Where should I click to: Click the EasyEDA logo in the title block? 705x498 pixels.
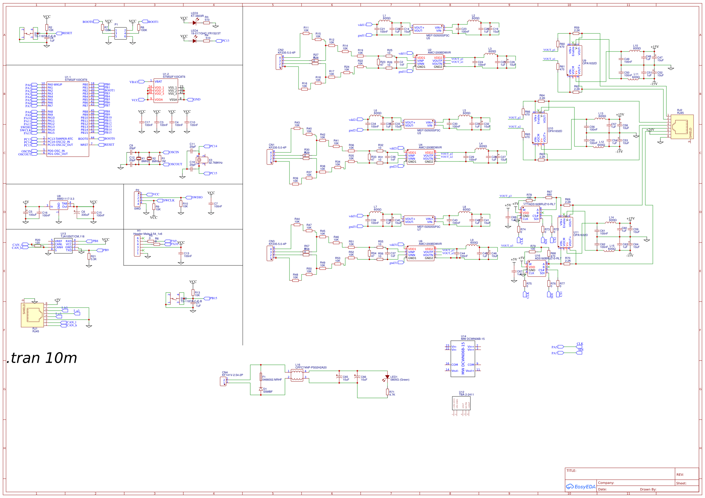[x=580, y=487]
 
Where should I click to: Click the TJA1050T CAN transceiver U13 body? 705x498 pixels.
[x=63, y=246]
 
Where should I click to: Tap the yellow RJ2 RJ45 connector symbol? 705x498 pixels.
[x=682, y=127]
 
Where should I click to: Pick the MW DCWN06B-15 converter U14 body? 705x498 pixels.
[x=463, y=359]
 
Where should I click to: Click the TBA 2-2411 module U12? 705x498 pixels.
[x=461, y=403]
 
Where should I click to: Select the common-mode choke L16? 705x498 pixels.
[x=297, y=375]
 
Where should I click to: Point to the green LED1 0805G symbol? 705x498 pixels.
[x=387, y=377]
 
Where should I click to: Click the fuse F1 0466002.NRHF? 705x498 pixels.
[x=261, y=377]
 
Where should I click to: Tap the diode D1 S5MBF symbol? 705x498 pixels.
[x=261, y=389]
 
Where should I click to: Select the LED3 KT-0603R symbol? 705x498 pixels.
[x=194, y=23]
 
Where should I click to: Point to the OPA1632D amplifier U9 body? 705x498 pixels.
[x=574, y=61]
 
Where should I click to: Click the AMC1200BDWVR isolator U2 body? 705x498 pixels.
[x=430, y=62]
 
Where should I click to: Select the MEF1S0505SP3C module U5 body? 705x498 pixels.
[x=428, y=29]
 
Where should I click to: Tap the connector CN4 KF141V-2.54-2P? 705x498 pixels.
[x=223, y=381]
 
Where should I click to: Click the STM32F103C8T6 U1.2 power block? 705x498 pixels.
[x=166, y=90]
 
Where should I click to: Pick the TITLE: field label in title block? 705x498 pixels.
[x=571, y=471]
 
